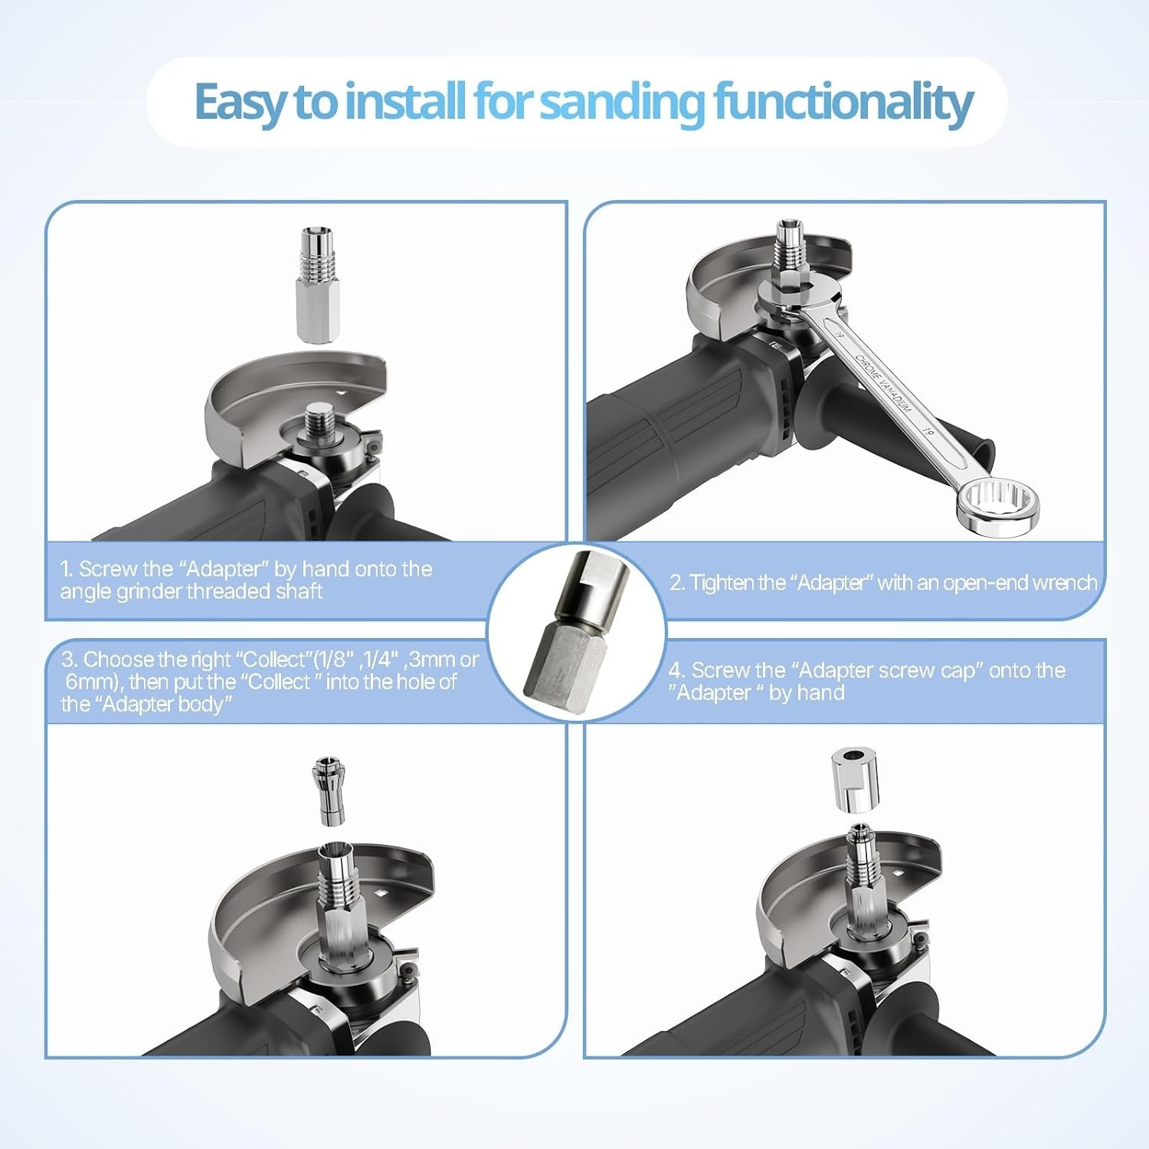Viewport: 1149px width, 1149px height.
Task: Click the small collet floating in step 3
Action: tap(329, 791)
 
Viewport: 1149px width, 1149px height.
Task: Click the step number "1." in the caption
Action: tap(67, 569)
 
